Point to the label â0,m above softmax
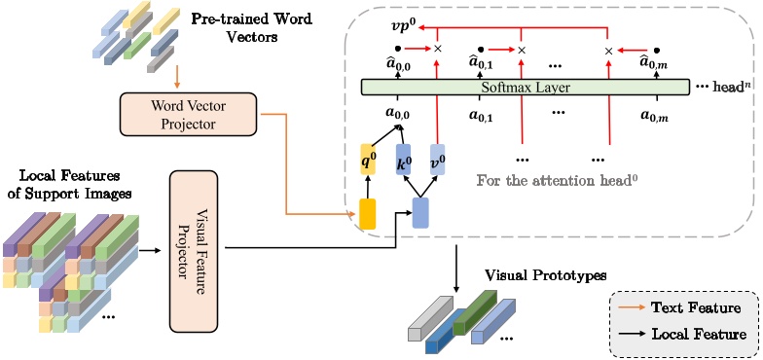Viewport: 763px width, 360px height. tap(655, 65)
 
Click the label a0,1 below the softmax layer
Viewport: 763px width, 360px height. tap(481, 116)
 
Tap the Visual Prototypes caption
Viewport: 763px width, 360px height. tap(537, 276)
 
